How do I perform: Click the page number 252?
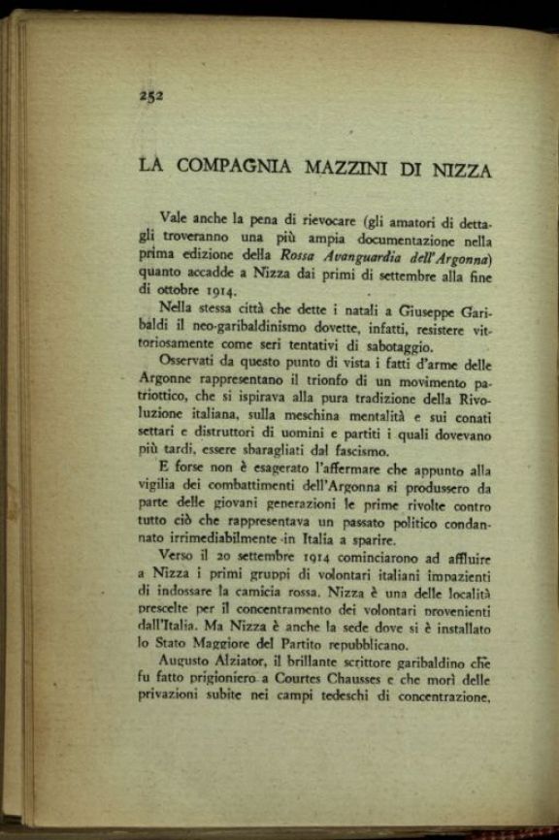pos(149,95)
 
